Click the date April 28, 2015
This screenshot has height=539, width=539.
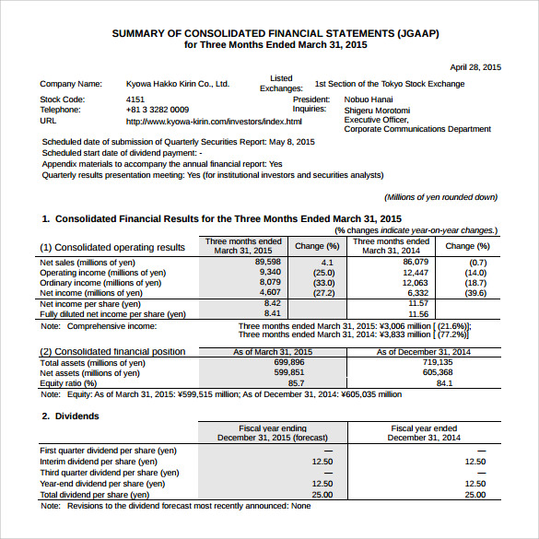click(x=475, y=67)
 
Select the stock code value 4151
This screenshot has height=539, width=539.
click(x=135, y=99)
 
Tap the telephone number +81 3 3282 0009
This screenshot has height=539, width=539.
click(x=158, y=110)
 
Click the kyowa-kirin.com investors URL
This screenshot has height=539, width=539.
click(x=214, y=121)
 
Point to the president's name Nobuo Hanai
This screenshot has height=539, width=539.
click(x=369, y=99)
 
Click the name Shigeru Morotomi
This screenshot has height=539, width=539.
click(x=377, y=110)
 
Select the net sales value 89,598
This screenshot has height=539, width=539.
click(x=267, y=263)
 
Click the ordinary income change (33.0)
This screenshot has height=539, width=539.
click(x=323, y=283)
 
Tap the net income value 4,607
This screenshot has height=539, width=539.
click(x=267, y=293)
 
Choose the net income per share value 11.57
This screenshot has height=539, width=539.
click(x=418, y=303)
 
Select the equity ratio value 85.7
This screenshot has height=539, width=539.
click(x=296, y=383)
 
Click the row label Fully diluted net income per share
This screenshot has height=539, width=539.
click(x=113, y=314)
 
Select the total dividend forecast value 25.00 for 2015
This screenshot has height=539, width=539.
click(x=322, y=495)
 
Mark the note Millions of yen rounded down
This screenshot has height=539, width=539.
click(x=440, y=197)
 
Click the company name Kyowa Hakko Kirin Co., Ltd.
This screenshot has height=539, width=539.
click(x=177, y=84)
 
